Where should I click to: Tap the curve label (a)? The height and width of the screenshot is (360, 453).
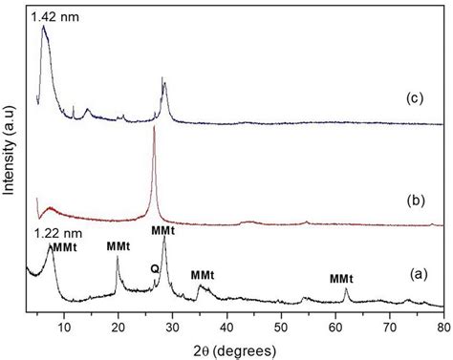(413, 274)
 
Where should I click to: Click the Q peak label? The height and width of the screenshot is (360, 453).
(153, 268)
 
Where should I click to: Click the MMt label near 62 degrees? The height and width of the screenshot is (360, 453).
(342, 279)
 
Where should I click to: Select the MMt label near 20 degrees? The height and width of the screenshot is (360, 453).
(119, 245)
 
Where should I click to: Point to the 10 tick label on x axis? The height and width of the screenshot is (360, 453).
(64, 328)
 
